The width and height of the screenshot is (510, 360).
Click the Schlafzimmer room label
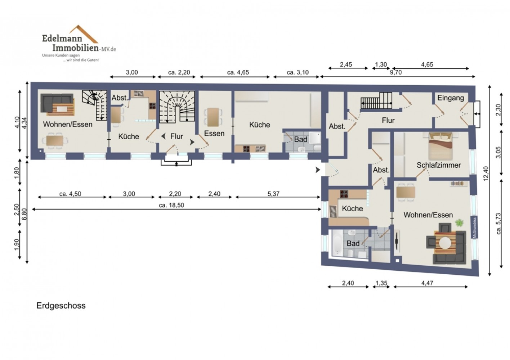click(x=439, y=165)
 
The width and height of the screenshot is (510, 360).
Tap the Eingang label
click(x=450, y=98)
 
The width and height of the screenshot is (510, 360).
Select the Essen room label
click(x=214, y=133)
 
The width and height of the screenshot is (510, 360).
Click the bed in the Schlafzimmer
click(x=440, y=146)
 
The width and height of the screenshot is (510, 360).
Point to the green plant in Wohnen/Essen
click(x=460, y=222)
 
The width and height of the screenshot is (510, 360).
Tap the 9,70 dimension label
click(x=396, y=72)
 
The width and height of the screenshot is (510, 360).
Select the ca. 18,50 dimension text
click(x=171, y=205)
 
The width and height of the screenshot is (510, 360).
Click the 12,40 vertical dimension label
click(x=486, y=174)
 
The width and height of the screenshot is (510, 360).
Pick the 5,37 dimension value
click(x=273, y=194)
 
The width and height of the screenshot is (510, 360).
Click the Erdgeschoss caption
click(x=61, y=306)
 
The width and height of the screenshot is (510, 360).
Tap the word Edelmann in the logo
click(x=62, y=38)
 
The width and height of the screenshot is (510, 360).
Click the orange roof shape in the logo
click(x=84, y=34)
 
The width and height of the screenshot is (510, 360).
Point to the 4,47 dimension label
click(x=427, y=283)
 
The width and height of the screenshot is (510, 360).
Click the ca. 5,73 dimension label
click(x=498, y=224)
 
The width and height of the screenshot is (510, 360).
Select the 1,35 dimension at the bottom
click(x=381, y=283)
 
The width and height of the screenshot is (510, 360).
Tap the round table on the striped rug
click(x=445, y=243)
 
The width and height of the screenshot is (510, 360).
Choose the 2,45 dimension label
click(x=346, y=65)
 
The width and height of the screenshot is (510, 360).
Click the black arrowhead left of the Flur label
click(x=163, y=136)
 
